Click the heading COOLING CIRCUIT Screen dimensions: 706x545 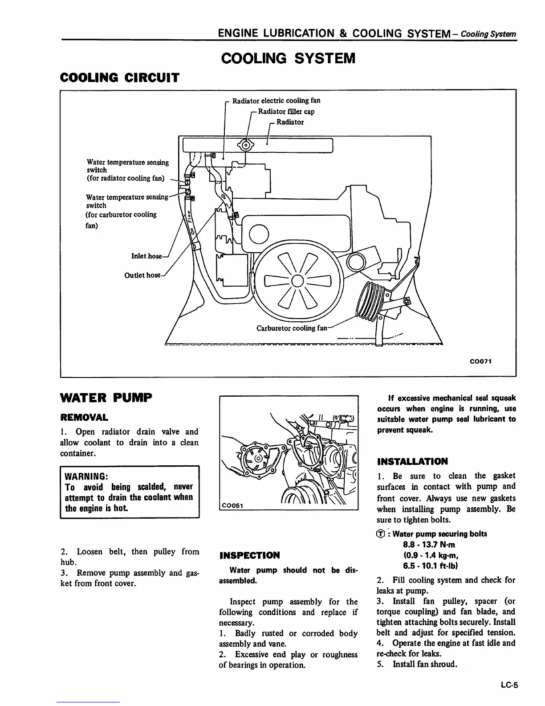(x=119, y=78)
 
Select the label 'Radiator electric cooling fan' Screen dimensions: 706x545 (x=276, y=101)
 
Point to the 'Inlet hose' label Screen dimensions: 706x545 (x=146, y=256)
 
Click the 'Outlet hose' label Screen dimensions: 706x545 (x=142, y=275)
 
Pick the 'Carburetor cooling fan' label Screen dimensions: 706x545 (x=292, y=328)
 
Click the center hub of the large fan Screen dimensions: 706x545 (x=297, y=281)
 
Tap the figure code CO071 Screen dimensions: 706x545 (x=480, y=361)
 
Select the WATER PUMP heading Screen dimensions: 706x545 (x=106, y=397)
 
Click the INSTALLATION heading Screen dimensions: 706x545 (x=412, y=461)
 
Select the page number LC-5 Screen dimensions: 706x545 (x=509, y=686)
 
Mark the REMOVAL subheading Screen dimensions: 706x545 (x=84, y=418)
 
